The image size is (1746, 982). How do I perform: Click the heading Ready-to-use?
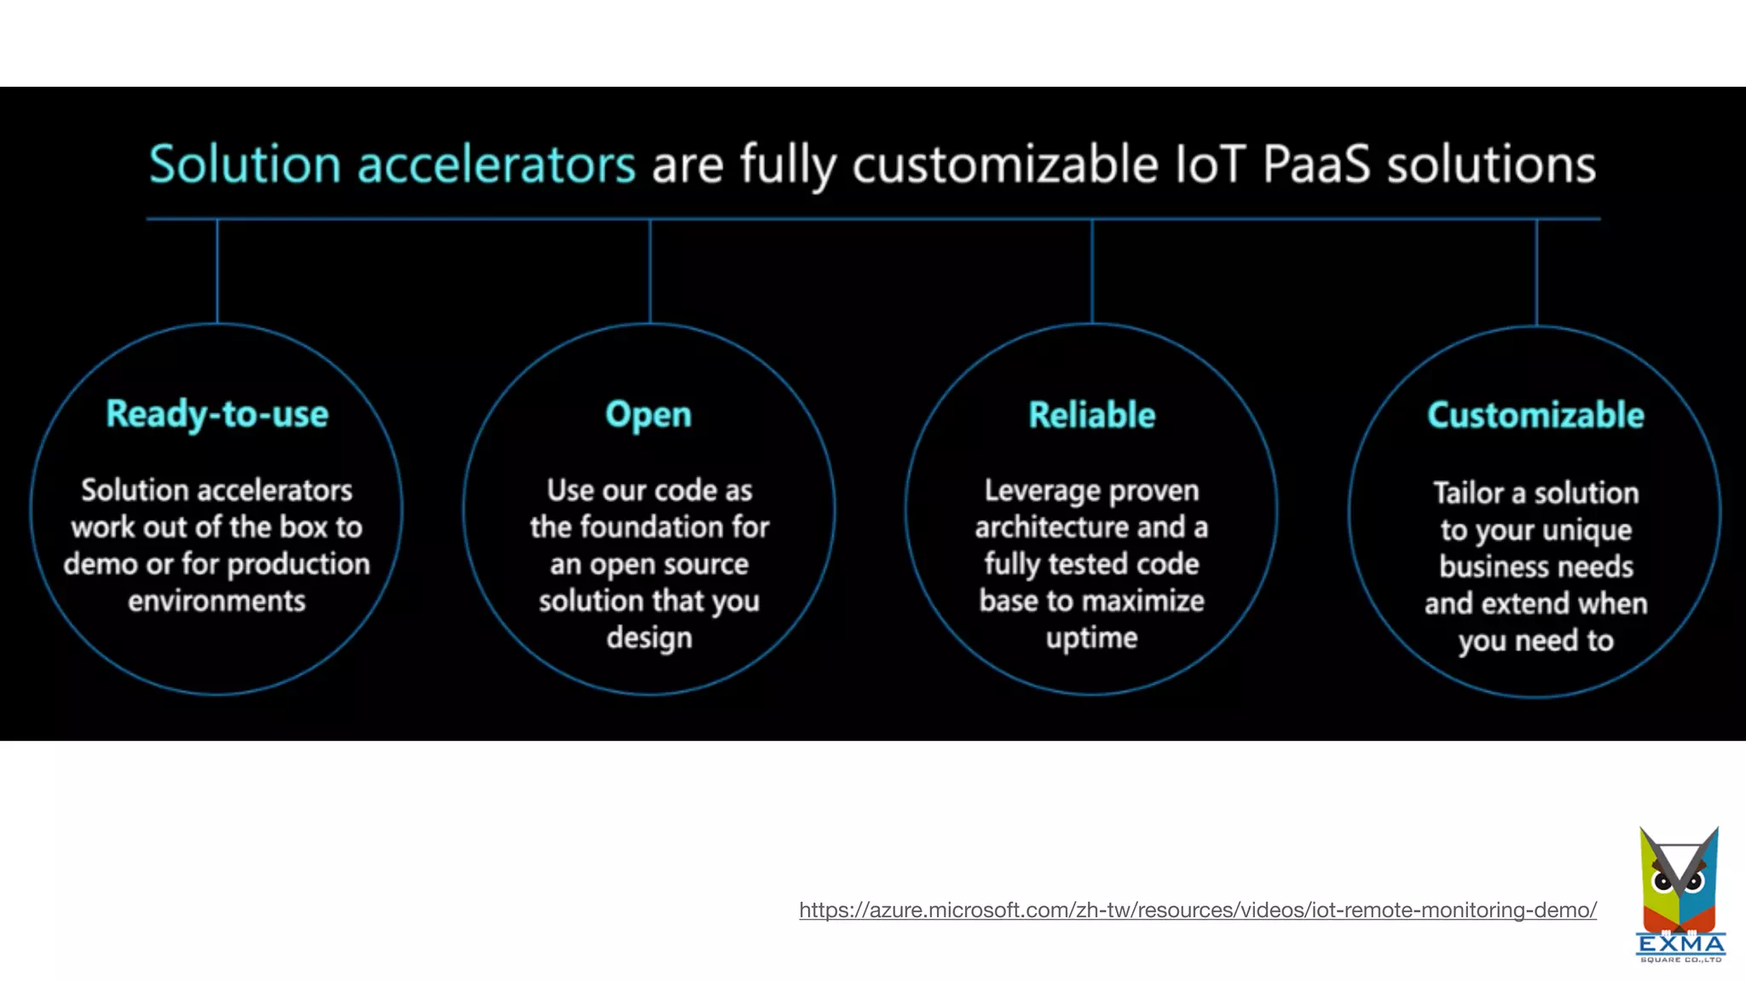coord(217,414)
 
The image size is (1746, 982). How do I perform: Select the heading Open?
coord(648,415)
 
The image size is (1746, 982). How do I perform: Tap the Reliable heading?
coord(1091,415)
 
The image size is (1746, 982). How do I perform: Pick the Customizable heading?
coord(1535,415)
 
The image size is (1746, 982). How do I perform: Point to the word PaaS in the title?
coord(1315,164)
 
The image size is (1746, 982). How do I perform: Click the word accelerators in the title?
coord(496,164)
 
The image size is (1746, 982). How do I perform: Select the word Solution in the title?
coord(245,164)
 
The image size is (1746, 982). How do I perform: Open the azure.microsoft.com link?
coord(1197,910)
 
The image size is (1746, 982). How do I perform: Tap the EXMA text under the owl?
coord(1680,944)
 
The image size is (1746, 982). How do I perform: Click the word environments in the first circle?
coord(217,601)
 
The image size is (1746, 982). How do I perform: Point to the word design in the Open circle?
coord(649,638)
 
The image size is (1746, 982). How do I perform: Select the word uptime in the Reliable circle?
coord(1091,638)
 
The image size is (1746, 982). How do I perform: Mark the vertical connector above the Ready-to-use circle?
coord(217,271)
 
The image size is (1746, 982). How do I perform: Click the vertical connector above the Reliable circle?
coord(1091,271)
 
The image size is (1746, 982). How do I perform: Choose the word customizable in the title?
coord(1005,164)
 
